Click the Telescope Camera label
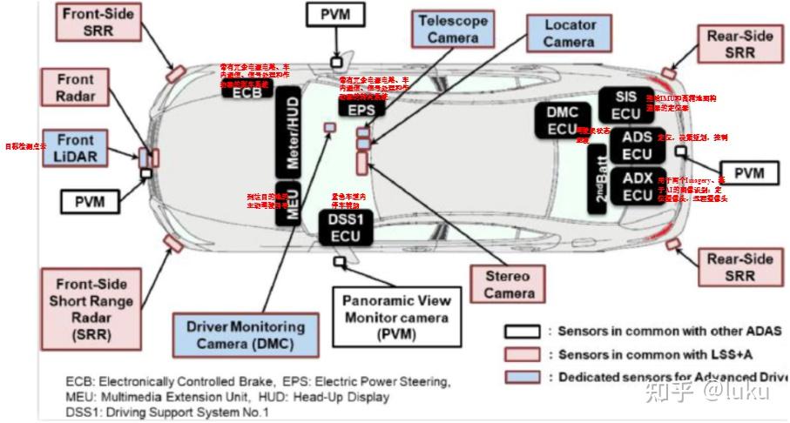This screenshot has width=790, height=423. [x=452, y=28]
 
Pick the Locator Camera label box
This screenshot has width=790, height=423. [x=570, y=33]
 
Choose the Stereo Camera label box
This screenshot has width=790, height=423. [x=509, y=285]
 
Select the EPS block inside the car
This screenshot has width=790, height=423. [x=361, y=110]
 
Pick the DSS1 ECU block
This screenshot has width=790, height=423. [x=345, y=227]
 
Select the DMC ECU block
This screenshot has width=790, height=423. [x=563, y=121]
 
